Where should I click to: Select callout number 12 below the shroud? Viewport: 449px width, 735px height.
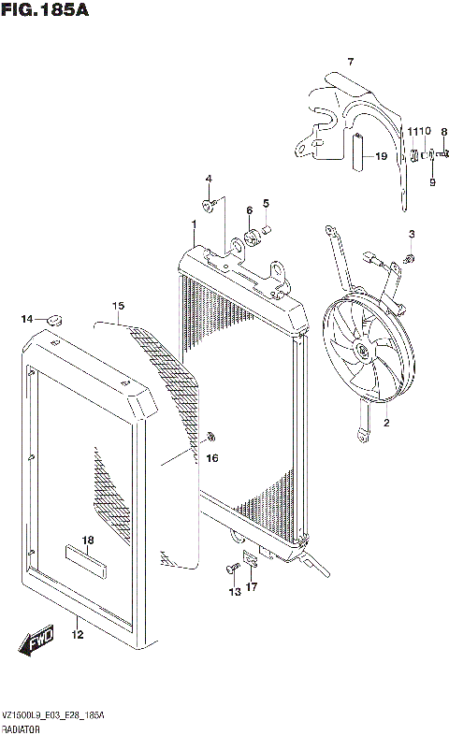pos(78,635)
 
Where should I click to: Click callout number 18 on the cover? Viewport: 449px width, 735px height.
pos(88,540)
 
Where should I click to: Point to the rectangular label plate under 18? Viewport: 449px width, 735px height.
pos(87,558)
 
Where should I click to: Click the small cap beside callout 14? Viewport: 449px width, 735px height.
pos(53,320)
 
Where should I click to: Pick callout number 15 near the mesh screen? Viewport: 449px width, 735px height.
pos(118,306)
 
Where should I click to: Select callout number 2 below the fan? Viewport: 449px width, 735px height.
pos(384,424)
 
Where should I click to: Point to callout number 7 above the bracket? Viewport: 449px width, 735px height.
pos(351,62)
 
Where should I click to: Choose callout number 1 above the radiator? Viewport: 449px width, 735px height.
pos(193,224)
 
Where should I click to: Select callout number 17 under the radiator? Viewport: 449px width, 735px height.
pos(251,587)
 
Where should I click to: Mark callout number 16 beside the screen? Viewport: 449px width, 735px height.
pos(212,458)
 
